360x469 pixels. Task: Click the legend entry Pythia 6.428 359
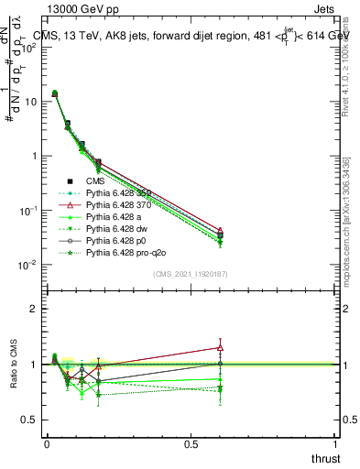(123, 193)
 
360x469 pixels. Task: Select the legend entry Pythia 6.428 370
(123, 207)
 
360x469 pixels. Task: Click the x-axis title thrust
(325, 457)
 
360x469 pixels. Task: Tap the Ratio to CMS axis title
(13, 365)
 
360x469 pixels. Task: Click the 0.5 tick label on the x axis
(191, 444)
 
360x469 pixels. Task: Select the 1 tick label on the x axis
(336, 444)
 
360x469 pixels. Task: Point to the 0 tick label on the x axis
(46, 444)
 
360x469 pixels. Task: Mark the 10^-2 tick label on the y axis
(26, 265)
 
